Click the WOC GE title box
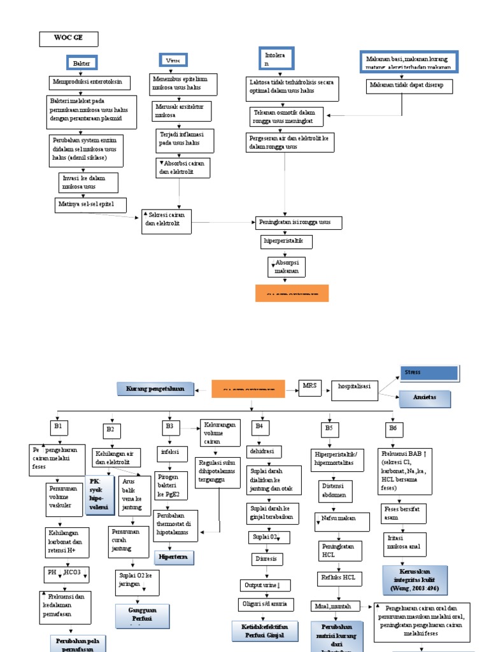(69, 39)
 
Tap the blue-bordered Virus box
(173, 60)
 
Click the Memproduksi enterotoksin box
(90, 83)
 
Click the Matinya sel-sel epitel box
(90, 205)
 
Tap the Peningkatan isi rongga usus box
(298, 223)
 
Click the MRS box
(310, 386)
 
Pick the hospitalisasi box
(355, 390)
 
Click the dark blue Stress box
(429, 372)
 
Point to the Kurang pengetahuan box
(150, 388)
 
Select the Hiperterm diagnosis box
(174, 557)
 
